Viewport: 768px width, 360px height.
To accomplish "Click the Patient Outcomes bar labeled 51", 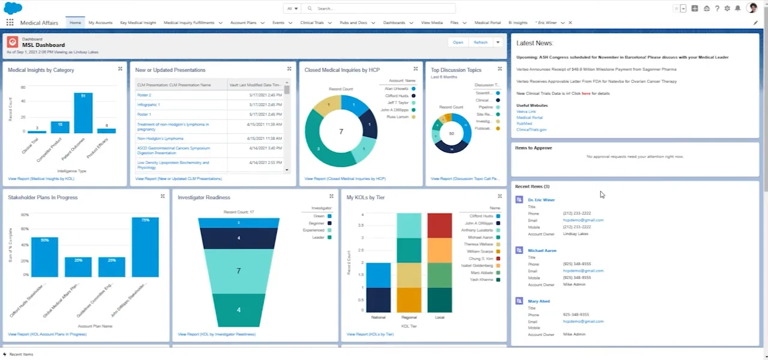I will pyautogui.click(x=83, y=113).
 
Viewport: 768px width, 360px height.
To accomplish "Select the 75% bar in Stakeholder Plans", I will pyautogui.click(x=145, y=247).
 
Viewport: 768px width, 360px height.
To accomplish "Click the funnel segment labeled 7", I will pyautogui.click(x=238, y=271).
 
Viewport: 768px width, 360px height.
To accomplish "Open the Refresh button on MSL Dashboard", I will pyautogui.click(x=481, y=43).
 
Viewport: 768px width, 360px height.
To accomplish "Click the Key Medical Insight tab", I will pyautogui.click(x=138, y=23).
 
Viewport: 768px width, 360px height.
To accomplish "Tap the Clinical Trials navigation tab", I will pyautogui.click(x=311, y=23).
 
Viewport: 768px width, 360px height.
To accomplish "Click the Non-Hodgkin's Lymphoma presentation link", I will pyautogui.click(x=152, y=139).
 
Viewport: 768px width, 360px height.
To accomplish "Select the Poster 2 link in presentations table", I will pyautogui.click(x=144, y=95).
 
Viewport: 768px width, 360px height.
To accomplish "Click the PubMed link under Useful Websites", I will pyautogui.click(x=524, y=124).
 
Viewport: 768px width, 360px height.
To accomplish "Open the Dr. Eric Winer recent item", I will pyautogui.click(x=541, y=200).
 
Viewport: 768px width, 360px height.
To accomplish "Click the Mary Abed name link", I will pyautogui.click(x=539, y=301).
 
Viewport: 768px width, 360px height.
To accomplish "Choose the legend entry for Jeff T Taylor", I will pyautogui.click(x=397, y=103).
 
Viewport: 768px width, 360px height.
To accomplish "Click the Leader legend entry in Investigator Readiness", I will pyautogui.click(x=318, y=238).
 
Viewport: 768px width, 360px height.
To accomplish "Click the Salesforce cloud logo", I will pyautogui.click(x=13, y=8).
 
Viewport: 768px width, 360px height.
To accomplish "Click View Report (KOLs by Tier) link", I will pyautogui.click(x=370, y=334).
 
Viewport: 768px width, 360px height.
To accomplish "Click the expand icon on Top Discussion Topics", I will pyautogui.click(x=500, y=69).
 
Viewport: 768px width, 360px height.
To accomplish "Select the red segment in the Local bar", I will pyautogui.click(x=439, y=226).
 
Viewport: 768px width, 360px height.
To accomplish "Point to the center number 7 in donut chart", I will pyautogui.click(x=341, y=131).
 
